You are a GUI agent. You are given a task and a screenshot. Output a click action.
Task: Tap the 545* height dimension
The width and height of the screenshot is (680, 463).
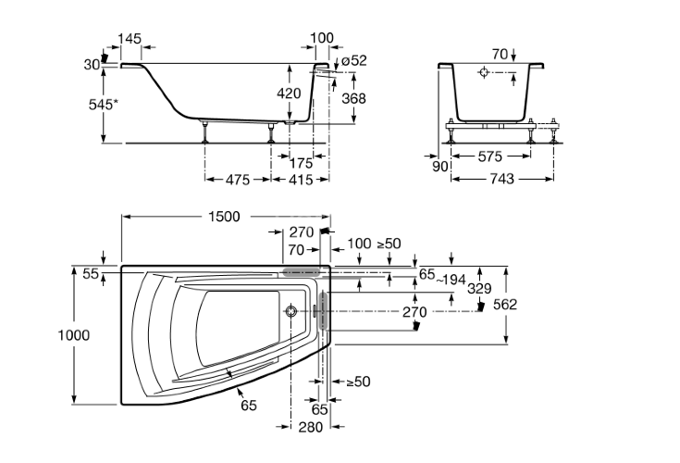[103, 105]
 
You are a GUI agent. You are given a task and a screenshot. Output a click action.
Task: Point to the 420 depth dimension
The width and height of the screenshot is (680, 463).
[290, 94]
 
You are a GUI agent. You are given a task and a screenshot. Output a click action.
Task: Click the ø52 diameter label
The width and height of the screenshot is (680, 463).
[353, 60]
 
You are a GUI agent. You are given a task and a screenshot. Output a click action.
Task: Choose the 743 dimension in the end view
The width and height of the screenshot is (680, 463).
[501, 179]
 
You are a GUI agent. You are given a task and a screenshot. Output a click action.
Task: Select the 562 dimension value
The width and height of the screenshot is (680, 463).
[505, 305]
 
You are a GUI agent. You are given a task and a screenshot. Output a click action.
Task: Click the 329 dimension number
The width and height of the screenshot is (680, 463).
[477, 287]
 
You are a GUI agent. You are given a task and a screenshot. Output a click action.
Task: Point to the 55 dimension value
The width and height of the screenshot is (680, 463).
[89, 274]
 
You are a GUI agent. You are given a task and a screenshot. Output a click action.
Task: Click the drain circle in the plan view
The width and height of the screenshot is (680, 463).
[292, 312]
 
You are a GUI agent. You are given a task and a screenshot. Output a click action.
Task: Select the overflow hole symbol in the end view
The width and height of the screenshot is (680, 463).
[487, 72]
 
